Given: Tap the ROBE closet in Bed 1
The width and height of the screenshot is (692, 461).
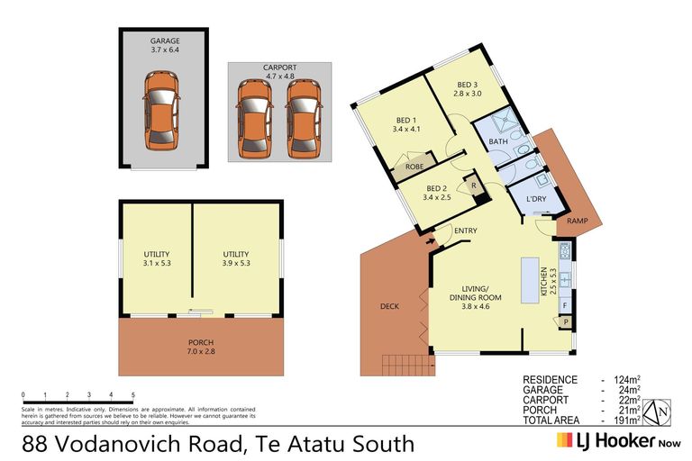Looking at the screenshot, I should coord(414,167).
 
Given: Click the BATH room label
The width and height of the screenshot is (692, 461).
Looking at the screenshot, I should coord(498,142).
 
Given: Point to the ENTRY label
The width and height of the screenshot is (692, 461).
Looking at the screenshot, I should coord(466,231).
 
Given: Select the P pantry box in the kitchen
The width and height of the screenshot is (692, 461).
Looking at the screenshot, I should coord(565,321).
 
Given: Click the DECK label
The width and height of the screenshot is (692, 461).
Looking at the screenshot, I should coord(390,306).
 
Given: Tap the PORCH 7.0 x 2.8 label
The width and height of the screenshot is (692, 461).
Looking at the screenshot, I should coord(201,348).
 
